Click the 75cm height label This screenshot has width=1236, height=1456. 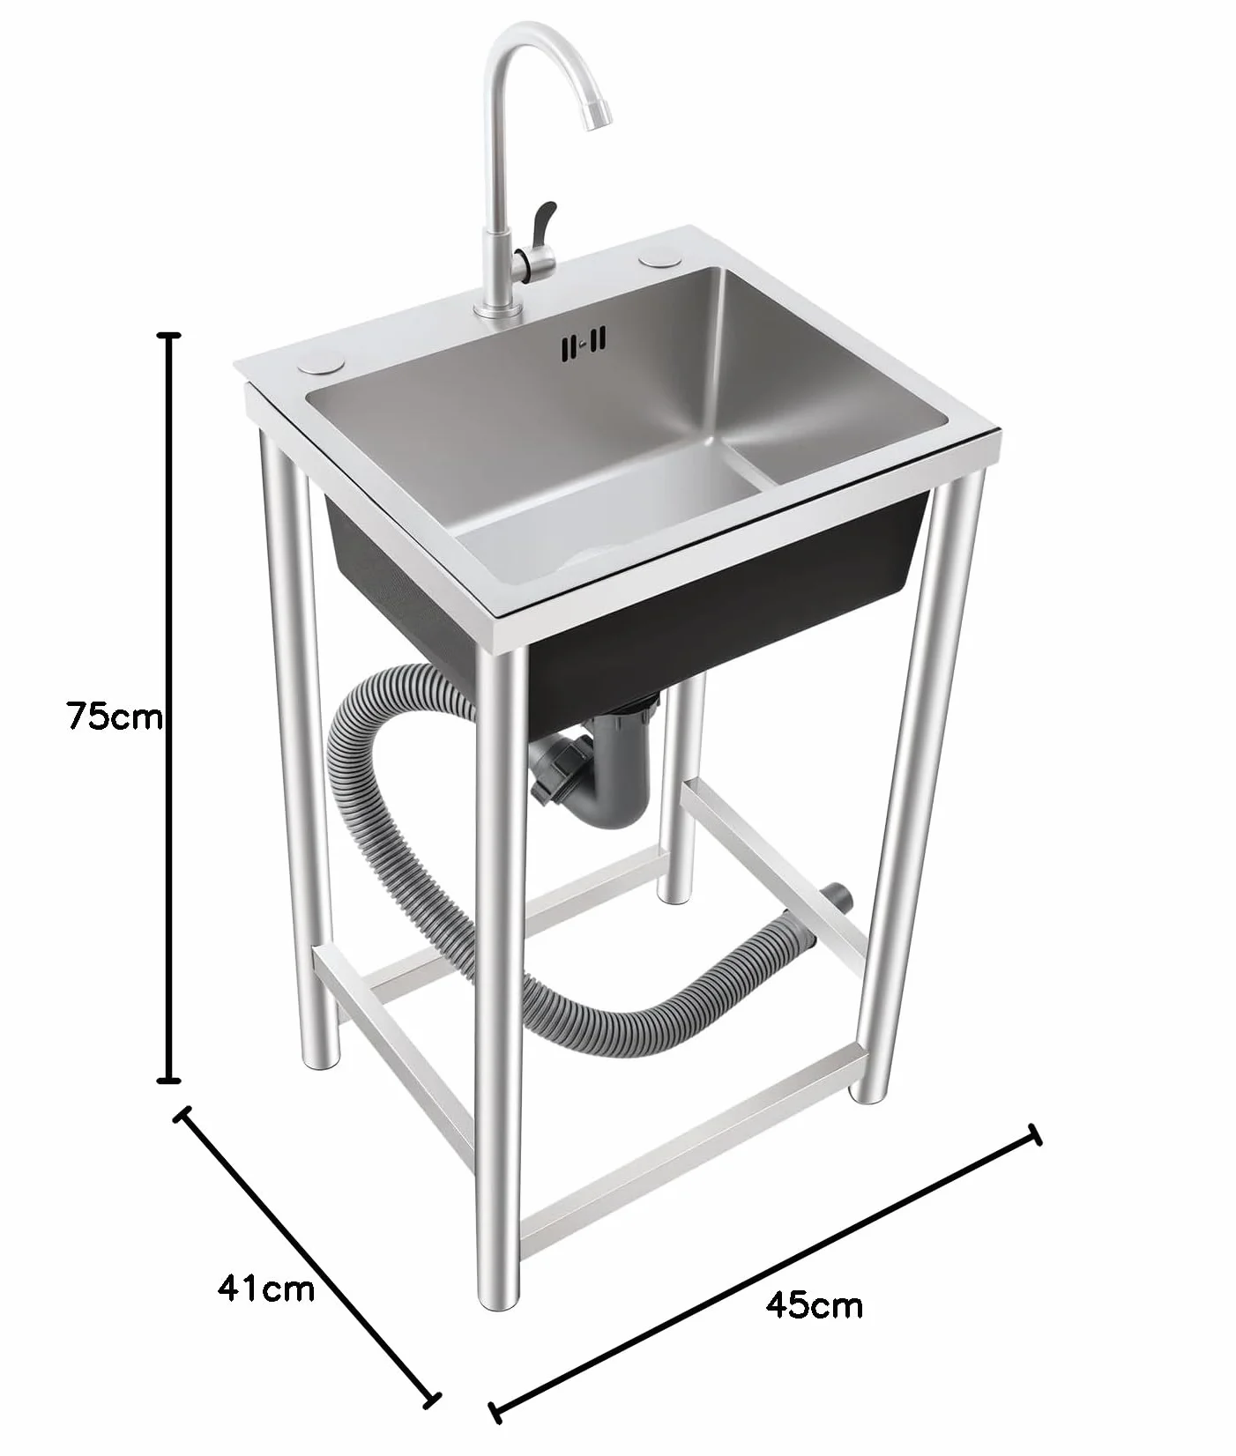point(115,716)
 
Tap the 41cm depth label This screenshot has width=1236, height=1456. point(266,1289)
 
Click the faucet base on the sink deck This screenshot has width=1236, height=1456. point(495,308)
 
